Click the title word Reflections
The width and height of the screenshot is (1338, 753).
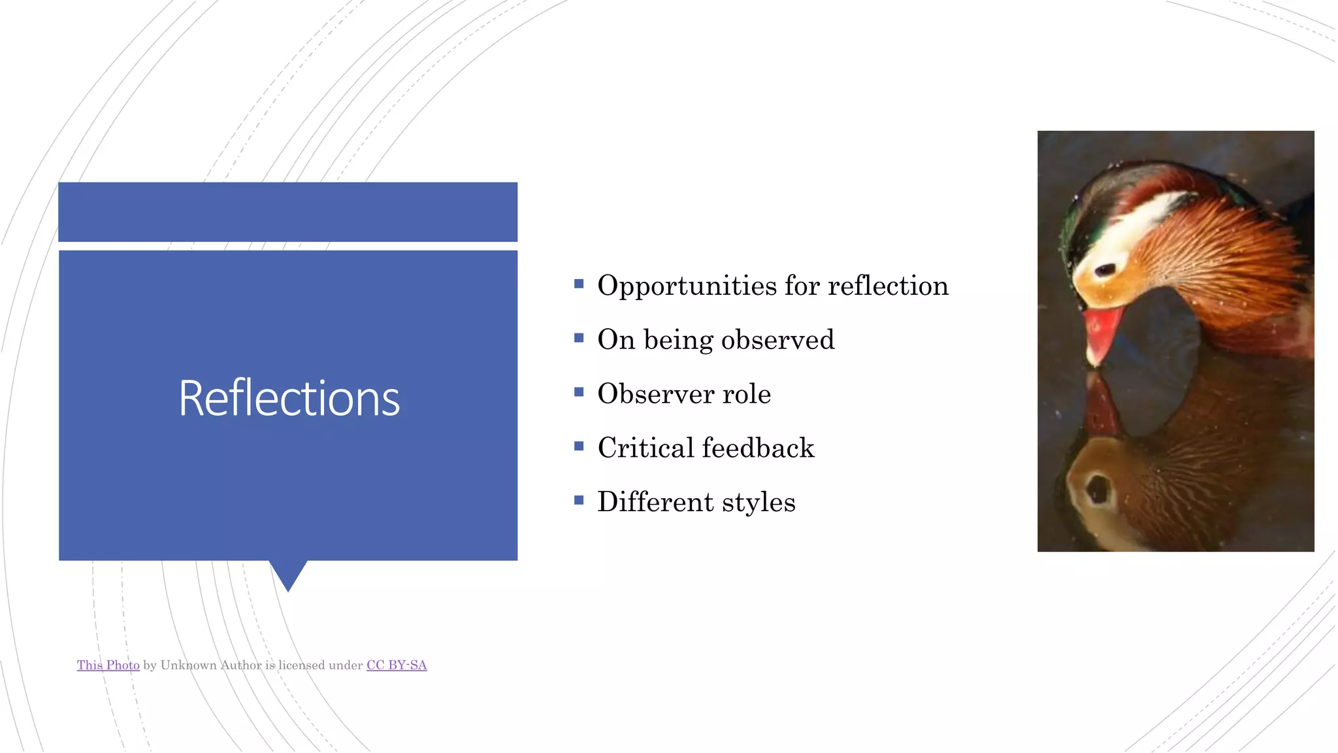[x=289, y=399]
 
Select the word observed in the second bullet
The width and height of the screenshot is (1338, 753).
[x=777, y=340]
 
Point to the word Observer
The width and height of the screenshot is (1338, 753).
[x=655, y=394]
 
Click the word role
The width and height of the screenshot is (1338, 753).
[x=746, y=394]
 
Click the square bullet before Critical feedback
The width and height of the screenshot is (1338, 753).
[x=579, y=446]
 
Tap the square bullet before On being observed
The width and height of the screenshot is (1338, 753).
[x=579, y=338]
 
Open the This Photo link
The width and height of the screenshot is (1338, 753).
[x=108, y=665]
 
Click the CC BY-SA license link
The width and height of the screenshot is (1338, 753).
[x=397, y=665]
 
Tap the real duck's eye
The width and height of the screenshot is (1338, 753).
[x=1105, y=269]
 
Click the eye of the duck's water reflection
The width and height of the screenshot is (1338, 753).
[x=1098, y=489]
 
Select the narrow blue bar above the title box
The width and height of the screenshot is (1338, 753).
[x=288, y=212]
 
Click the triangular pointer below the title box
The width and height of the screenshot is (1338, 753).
[x=288, y=574]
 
